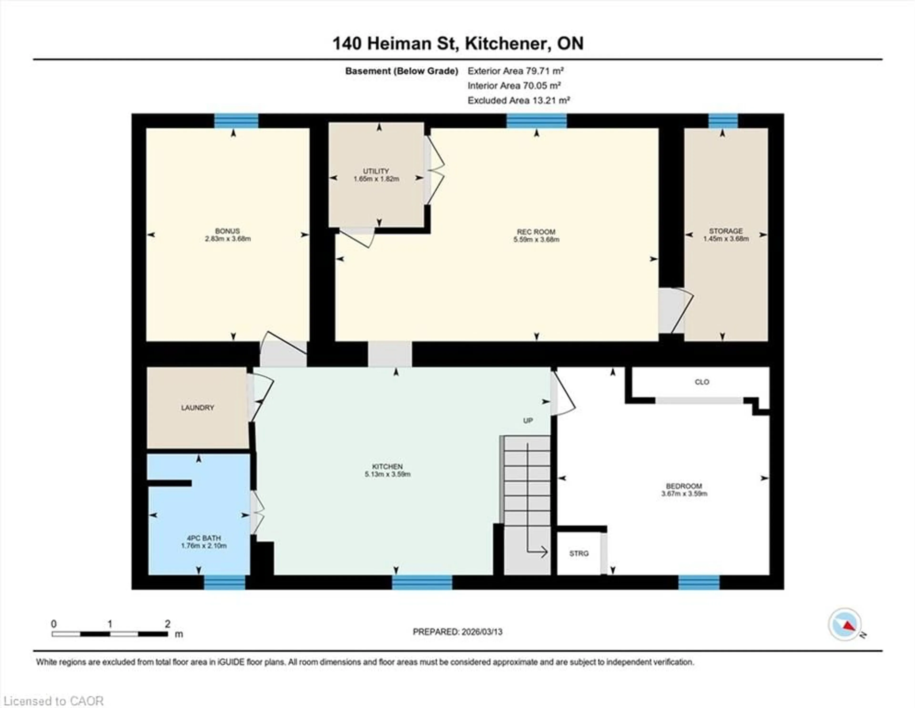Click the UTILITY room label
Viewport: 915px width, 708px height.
[376, 171]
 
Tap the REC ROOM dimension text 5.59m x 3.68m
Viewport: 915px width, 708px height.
[536, 240]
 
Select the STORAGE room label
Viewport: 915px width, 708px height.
[726, 231]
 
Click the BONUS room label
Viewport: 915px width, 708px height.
[228, 231]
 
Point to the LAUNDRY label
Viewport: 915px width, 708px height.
[197, 407]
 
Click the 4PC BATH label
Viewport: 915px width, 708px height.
[204, 538]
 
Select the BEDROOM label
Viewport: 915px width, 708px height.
[684, 486]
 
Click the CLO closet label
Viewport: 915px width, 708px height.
[702, 382]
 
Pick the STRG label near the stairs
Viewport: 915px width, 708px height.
[579, 553]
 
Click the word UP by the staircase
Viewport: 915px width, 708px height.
[528, 421]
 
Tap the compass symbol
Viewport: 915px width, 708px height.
[845, 624]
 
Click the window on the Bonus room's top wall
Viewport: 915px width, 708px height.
[236, 121]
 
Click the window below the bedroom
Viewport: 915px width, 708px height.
[699, 582]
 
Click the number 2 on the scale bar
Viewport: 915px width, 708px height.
[168, 624]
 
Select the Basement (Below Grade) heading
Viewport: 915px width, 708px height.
[401, 71]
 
